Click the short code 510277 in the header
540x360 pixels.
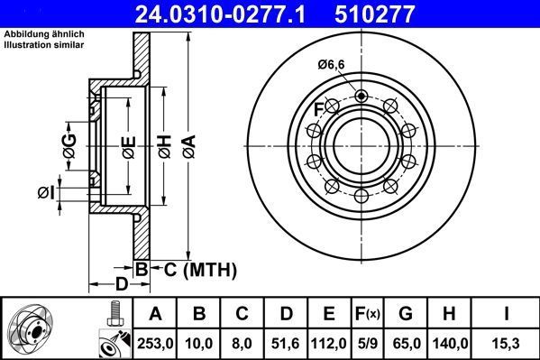click(398, 13)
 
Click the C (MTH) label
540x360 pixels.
click(197, 269)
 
